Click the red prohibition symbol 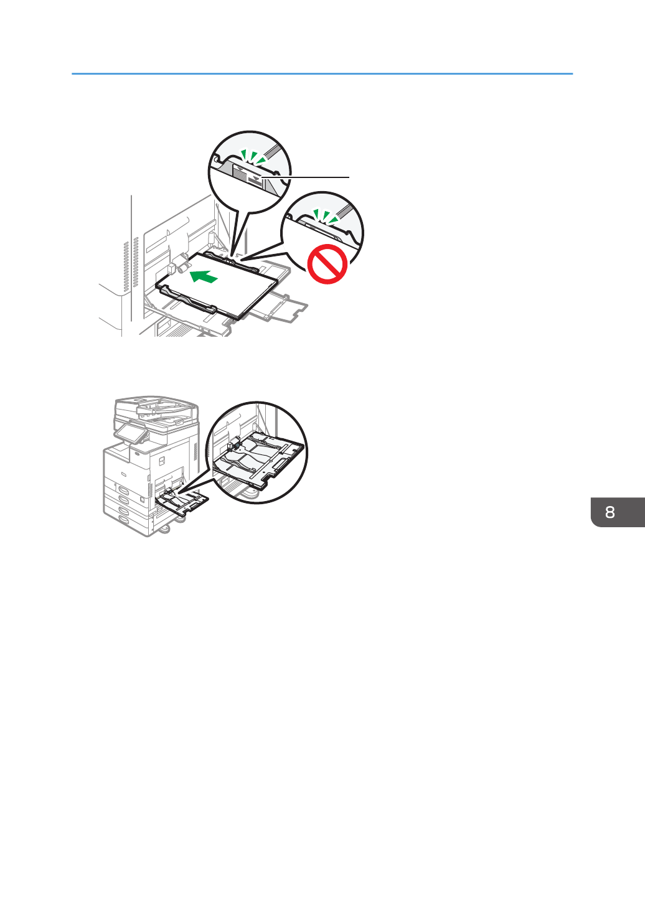[327, 265]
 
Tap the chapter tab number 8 [610, 512]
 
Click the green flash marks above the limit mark [253, 157]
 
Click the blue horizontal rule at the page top [322, 74]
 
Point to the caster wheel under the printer [166, 529]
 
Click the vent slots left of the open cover [127, 264]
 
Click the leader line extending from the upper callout [308, 177]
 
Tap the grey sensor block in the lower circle [231, 445]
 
